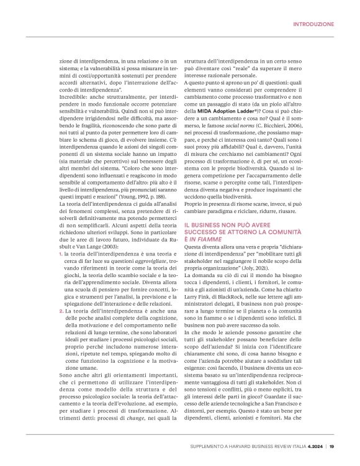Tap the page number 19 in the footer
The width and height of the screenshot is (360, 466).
click(x=332, y=444)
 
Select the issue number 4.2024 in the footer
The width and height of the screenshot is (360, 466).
click(x=314, y=444)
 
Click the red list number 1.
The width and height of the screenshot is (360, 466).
click(x=60, y=247)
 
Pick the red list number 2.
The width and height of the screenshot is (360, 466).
click(x=60, y=310)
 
